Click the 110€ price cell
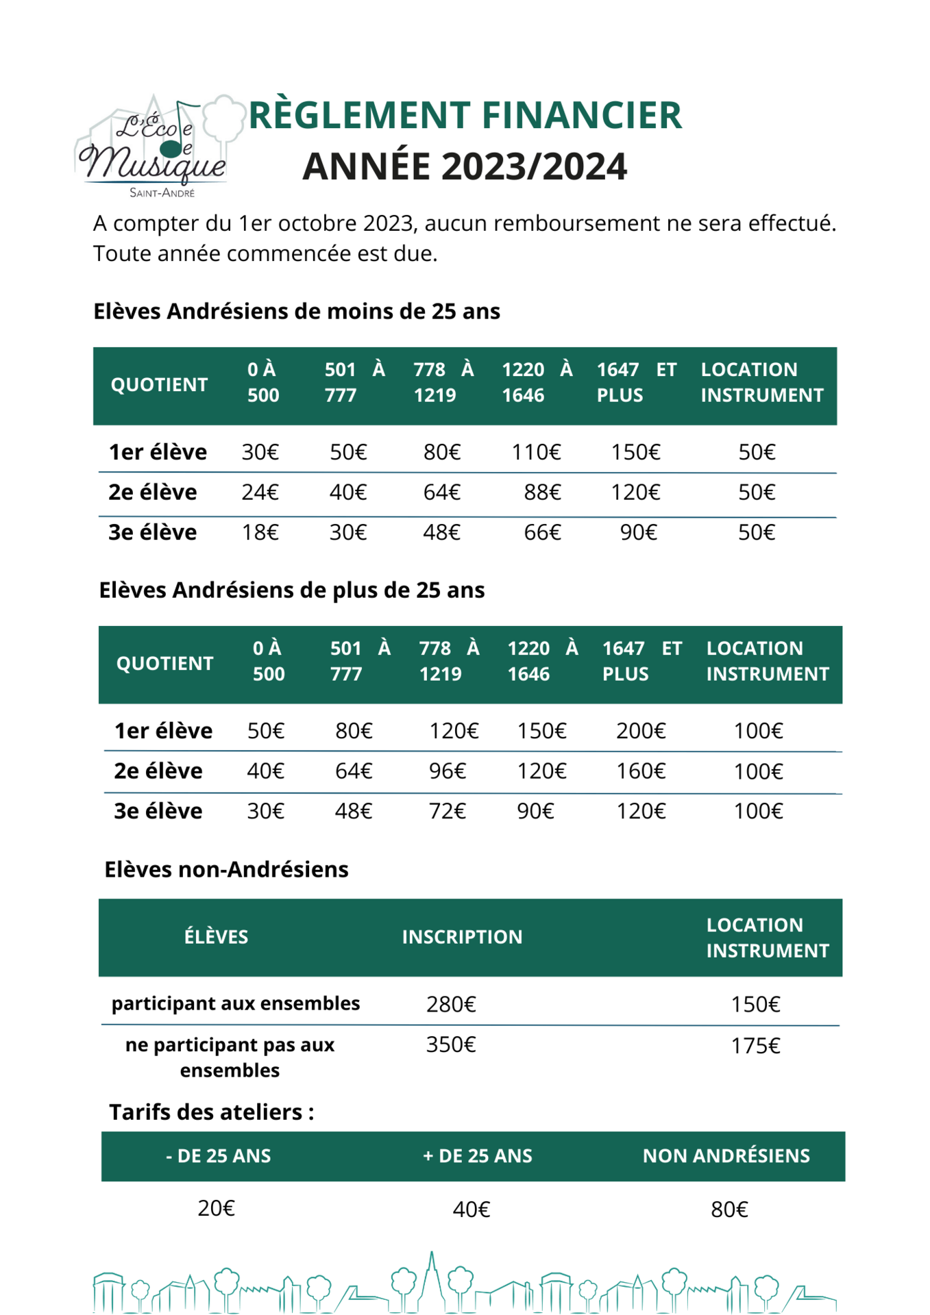coord(536,452)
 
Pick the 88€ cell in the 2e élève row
coord(542,492)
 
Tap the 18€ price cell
coord(260,532)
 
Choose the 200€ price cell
coord(641,731)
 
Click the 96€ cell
coord(448,771)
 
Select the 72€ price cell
coord(448,811)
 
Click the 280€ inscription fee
coord(451,1004)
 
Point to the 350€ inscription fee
coord(451,1044)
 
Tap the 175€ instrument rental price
coord(755,1046)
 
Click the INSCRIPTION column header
coord(462,937)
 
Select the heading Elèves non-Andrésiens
coord(226,869)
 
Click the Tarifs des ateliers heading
coord(211,1112)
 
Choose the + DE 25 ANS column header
coord(478,1156)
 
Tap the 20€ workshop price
coord(216,1208)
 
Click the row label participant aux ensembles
coord(236,1003)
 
